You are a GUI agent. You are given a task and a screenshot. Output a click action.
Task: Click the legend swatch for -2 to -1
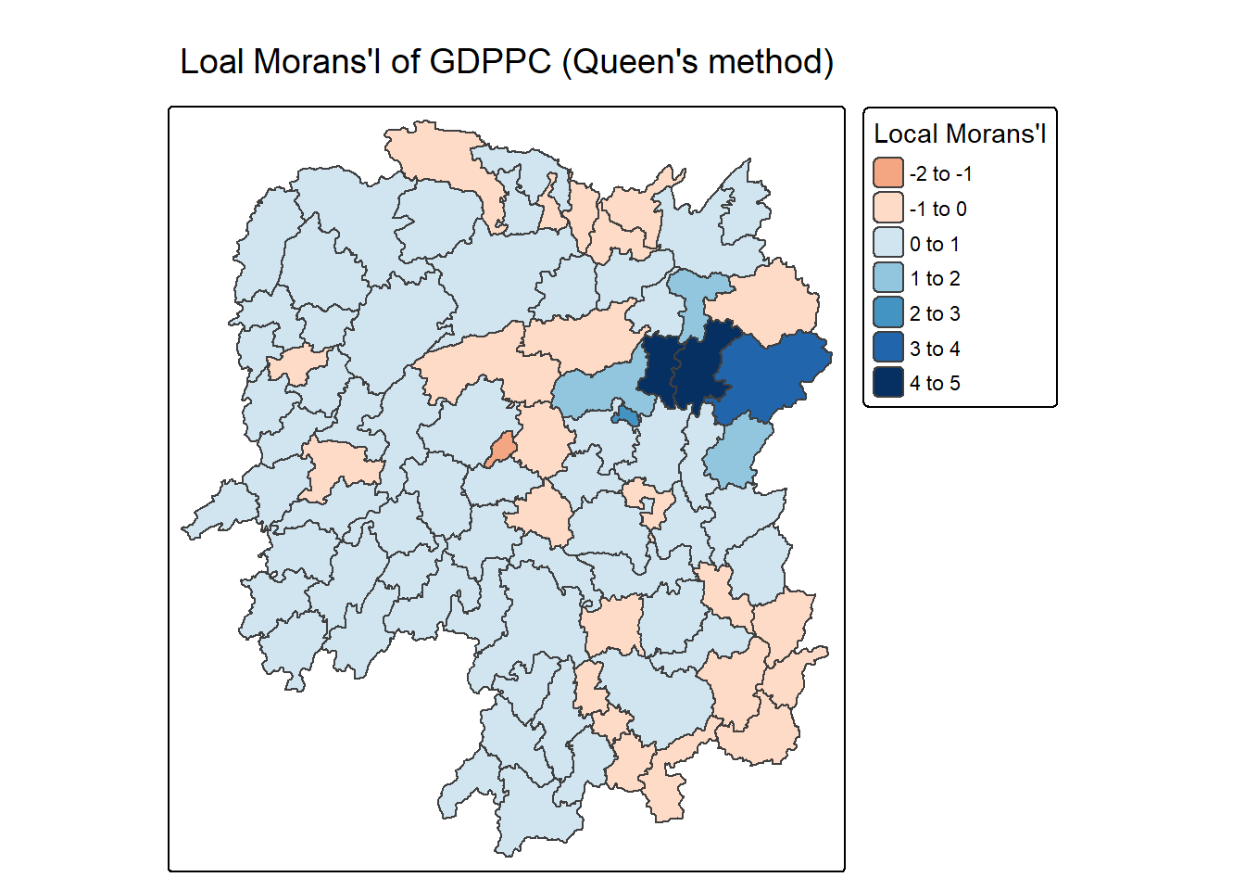tap(887, 173)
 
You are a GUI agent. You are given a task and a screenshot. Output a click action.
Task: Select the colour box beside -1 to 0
tap(887, 208)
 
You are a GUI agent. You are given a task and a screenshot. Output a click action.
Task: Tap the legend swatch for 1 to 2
tap(887, 278)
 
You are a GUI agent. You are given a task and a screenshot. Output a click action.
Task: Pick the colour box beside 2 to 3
tap(887, 313)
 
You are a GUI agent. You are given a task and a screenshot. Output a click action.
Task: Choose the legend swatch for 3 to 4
tap(887, 348)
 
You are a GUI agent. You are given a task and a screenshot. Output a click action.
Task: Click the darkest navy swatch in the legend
tap(887, 383)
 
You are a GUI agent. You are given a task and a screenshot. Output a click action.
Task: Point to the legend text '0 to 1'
tap(934, 244)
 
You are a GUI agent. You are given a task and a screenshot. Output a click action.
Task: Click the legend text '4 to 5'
tap(934, 383)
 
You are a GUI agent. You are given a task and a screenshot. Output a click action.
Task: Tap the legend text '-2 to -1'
tap(940, 173)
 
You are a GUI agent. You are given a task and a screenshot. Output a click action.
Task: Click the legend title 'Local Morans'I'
tap(960, 134)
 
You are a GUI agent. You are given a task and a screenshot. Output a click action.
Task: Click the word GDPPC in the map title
tap(490, 62)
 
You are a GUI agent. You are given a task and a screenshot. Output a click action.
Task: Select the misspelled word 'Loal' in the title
tap(212, 62)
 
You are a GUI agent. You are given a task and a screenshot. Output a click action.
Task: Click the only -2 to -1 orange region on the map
tap(501, 450)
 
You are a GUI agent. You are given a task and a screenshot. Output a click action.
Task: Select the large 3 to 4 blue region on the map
tap(773, 371)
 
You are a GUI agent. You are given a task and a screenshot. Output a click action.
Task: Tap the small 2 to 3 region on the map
tap(627, 416)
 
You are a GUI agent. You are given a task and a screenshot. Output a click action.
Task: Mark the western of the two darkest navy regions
tap(661, 369)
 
